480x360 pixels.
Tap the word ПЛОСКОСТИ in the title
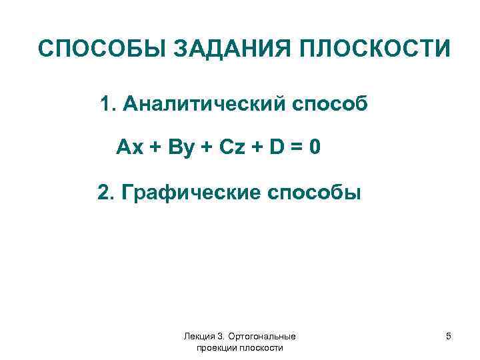pyautogui.click(x=374, y=49)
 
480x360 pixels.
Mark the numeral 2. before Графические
pyautogui.click(x=107, y=193)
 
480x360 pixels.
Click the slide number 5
pyautogui.click(x=449, y=337)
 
